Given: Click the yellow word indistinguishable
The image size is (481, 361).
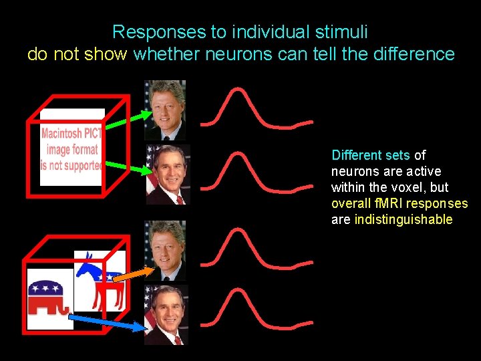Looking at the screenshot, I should (x=404, y=220).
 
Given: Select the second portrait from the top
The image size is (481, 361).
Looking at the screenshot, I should (x=168, y=174).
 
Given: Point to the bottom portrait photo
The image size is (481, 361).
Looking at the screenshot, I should (x=166, y=315).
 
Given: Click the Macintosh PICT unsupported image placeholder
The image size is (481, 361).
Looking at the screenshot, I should (x=72, y=148).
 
